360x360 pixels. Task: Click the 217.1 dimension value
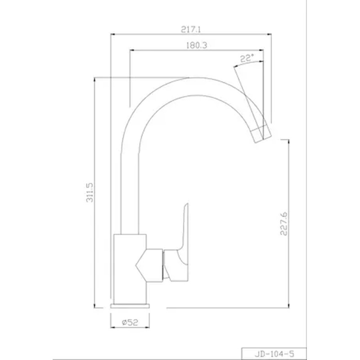(191, 29)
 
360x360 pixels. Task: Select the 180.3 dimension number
(197, 45)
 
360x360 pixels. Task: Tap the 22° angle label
(247, 58)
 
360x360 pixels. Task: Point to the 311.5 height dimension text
(90, 193)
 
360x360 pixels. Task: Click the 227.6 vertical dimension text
(284, 224)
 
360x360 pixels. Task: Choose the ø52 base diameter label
(130, 322)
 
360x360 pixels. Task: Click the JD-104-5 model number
(274, 354)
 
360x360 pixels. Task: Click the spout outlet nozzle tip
(261, 134)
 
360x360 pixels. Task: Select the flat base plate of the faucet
(130, 306)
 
